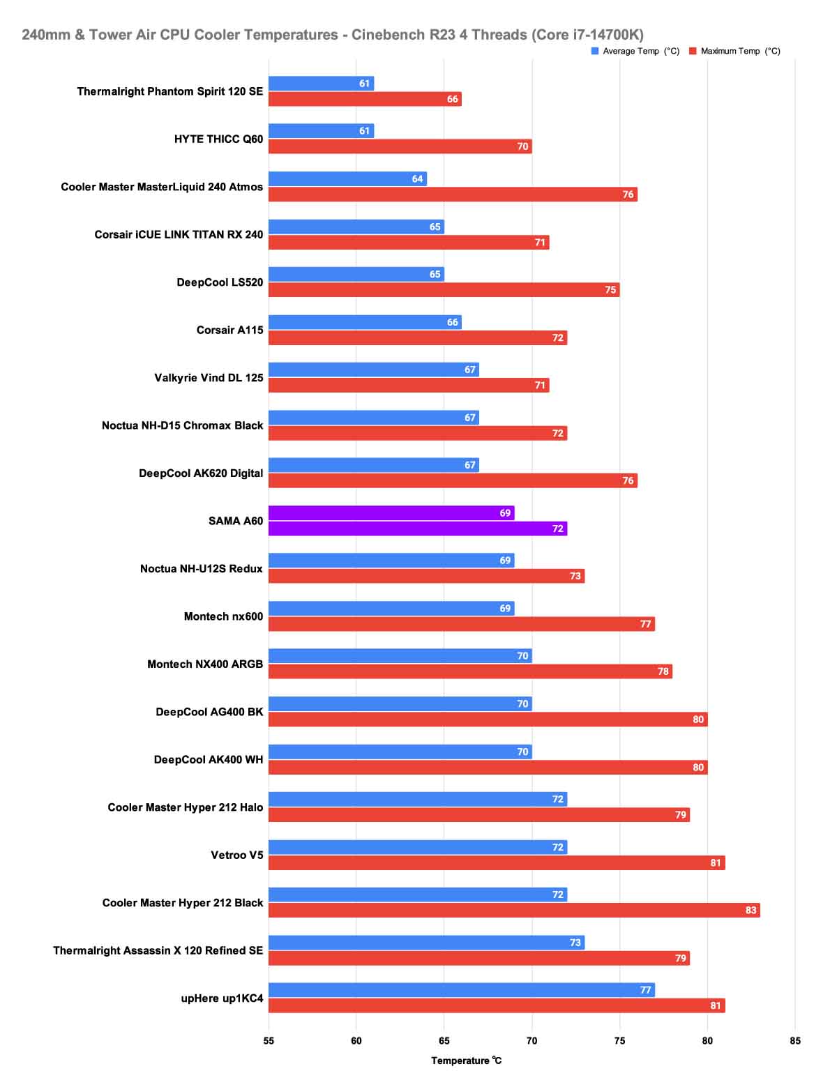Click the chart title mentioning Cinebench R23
tap(333, 34)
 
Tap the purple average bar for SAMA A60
tap(391, 513)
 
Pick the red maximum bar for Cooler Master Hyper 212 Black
tap(514, 910)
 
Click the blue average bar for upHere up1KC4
tap(461, 990)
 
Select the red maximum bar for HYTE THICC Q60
tap(400, 146)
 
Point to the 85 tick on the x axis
tap(795, 1041)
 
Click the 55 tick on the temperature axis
tap(269, 1041)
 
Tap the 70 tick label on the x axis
tap(532, 1041)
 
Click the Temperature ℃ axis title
tap(466, 1060)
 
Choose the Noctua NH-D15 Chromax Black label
tap(182, 425)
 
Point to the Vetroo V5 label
tap(237, 855)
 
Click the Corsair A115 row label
tap(229, 330)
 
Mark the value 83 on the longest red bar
tap(751, 910)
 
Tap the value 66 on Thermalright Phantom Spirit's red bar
tap(453, 99)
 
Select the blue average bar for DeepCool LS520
tap(356, 274)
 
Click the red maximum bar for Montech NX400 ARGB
tap(470, 671)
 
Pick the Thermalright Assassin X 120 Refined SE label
tap(158, 950)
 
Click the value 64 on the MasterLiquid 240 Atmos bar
tap(417, 179)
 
